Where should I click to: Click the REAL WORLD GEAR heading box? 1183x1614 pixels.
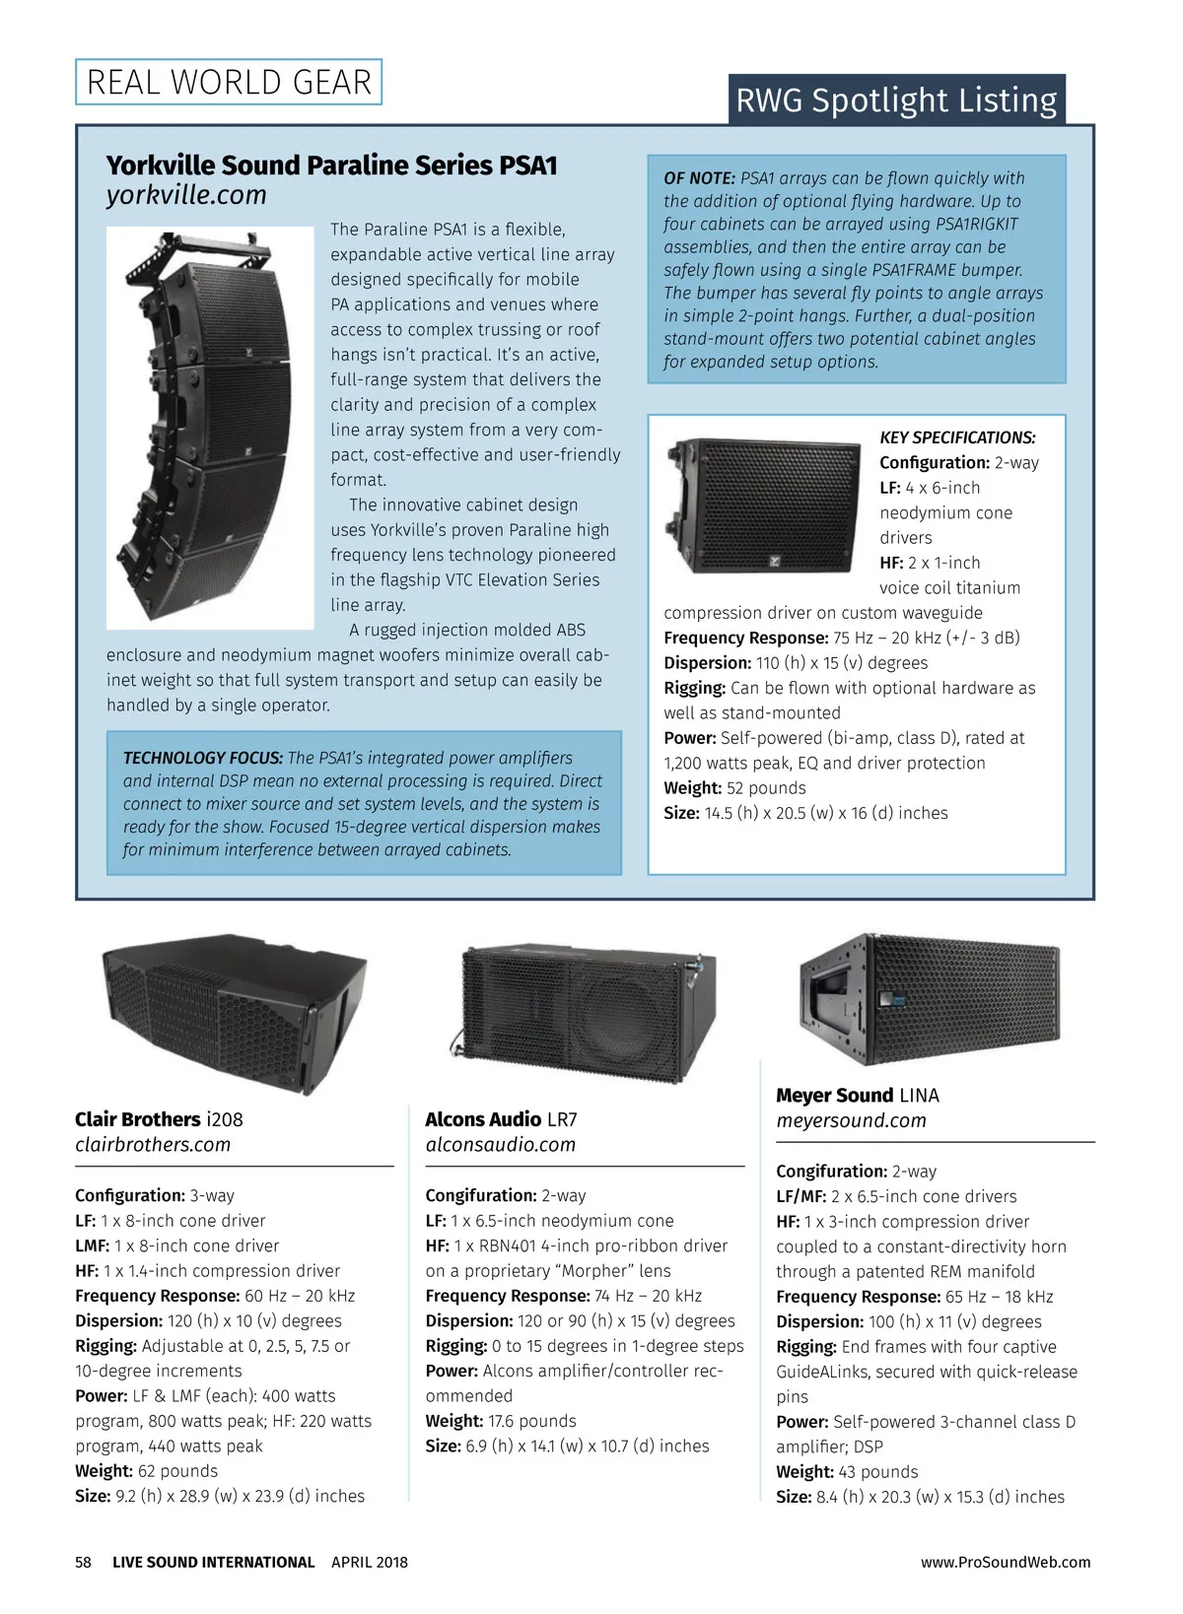tap(229, 82)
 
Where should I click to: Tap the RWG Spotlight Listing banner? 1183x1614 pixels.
tap(896, 101)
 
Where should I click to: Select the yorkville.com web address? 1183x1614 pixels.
tap(186, 195)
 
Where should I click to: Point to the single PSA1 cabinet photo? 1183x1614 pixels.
tap(764, 505)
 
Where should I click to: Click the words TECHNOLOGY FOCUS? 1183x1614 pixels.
tap(202, 758)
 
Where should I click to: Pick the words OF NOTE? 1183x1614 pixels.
tap(699, 178)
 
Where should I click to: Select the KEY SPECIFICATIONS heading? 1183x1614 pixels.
tap(957, 437)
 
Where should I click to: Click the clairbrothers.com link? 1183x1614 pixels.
tap(153, 1145)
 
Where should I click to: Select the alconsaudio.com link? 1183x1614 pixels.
tap(500, 1145)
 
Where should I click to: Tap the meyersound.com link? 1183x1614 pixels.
tap(851, 1120)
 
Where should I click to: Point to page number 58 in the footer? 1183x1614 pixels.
tap(83, 1562)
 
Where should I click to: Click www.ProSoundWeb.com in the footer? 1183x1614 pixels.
tap(1006, 1562)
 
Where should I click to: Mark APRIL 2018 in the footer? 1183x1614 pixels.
tap(370, 1562)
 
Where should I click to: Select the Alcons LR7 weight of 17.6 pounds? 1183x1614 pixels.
tap(532, 1421)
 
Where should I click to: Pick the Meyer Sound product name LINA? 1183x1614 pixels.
tap(919, 1096)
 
